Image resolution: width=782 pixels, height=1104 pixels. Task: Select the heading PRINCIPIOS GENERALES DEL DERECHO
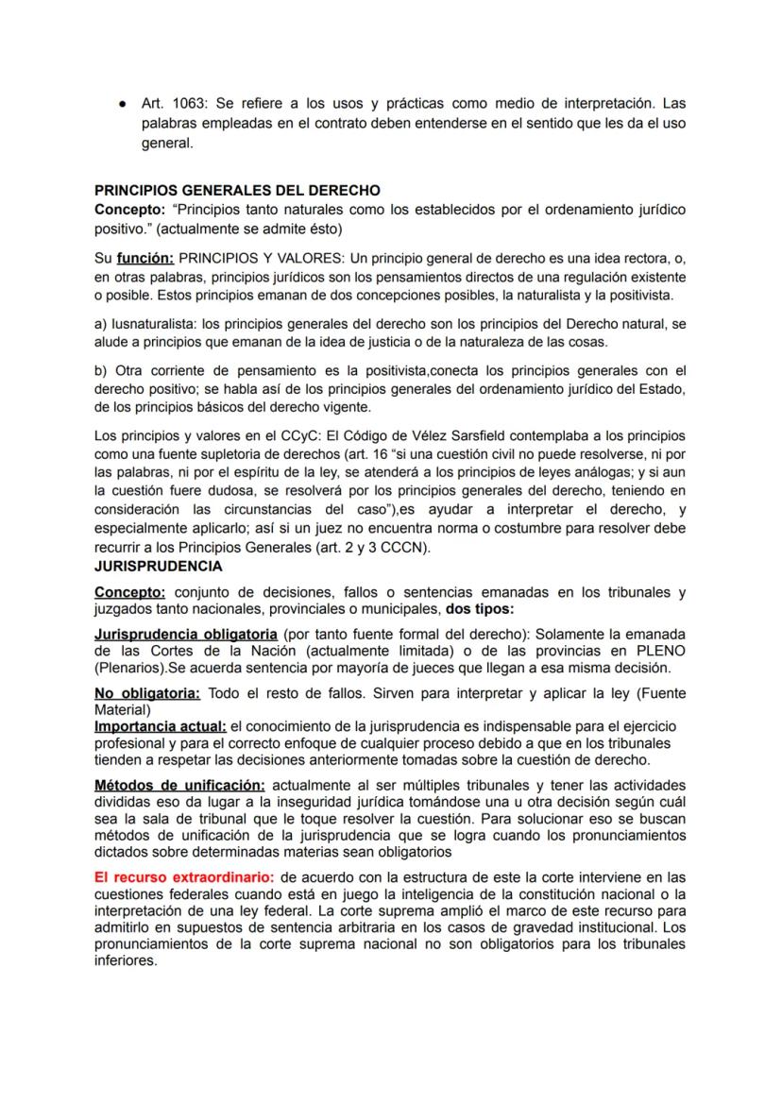(237, 190)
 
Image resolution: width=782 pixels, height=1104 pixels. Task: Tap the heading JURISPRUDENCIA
(159, 567)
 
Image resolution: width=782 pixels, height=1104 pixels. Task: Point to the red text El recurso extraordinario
(185, 876)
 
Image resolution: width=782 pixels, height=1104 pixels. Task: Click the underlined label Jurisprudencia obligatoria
(186, 634)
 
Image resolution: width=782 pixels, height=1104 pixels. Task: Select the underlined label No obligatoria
(147, 693)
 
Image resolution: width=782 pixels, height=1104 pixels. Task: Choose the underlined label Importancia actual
(160, 725)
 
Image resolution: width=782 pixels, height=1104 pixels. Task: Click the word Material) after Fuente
(123, 709)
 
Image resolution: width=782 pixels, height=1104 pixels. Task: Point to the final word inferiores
(127, 962)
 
